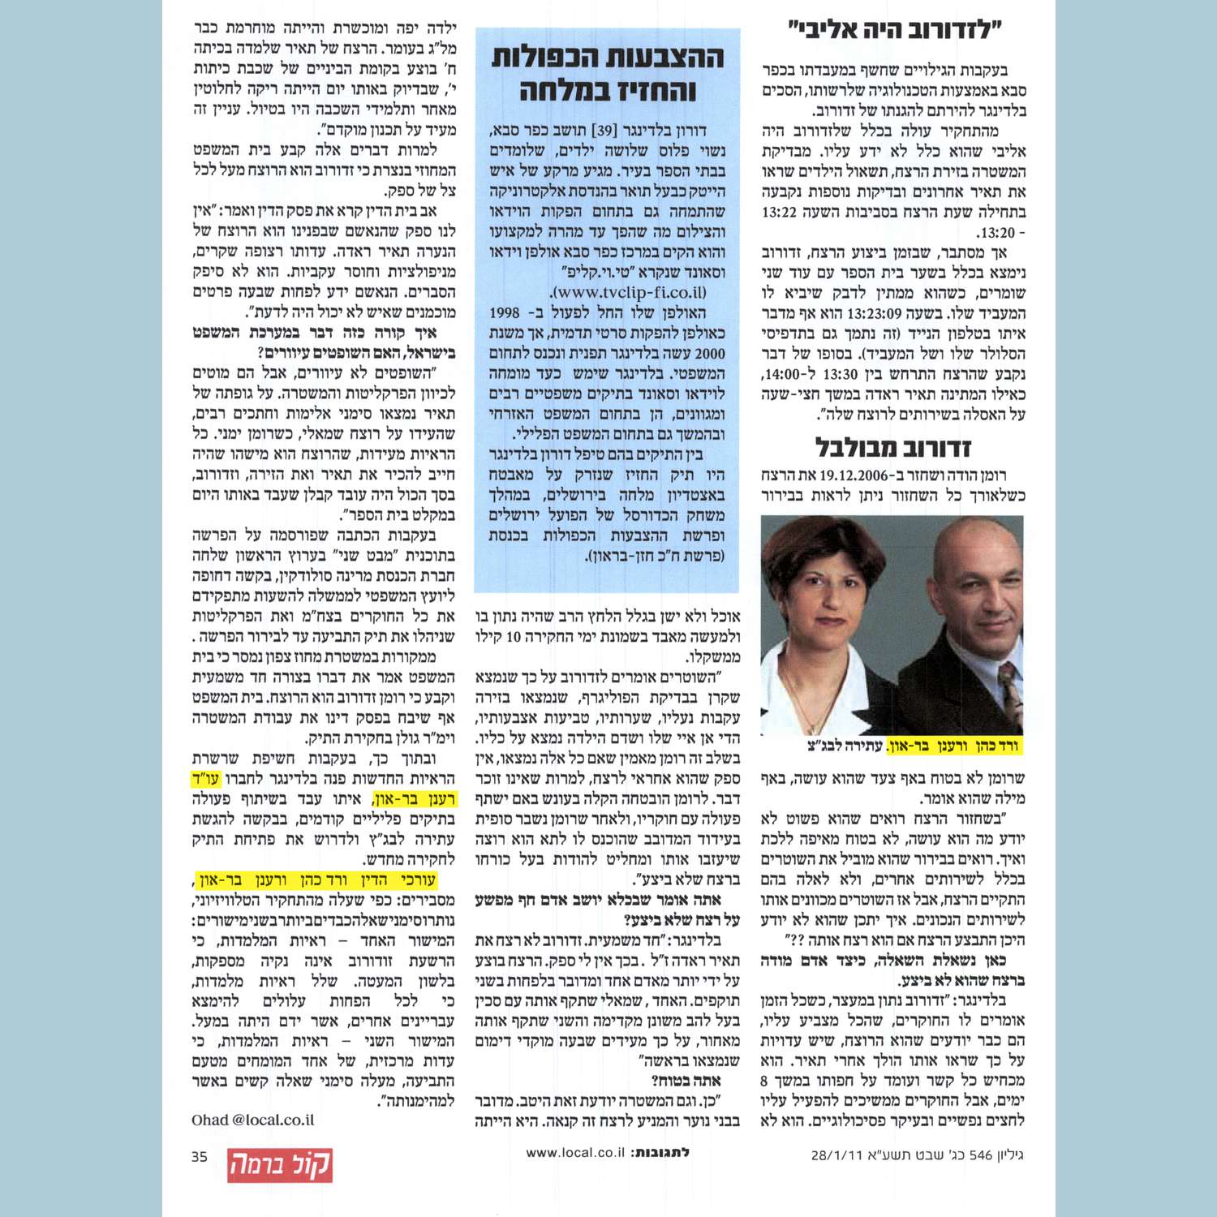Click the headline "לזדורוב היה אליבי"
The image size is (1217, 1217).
coord(896,31)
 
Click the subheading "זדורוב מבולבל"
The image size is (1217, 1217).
coord(892,447)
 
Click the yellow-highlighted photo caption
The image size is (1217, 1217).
coord(914,745)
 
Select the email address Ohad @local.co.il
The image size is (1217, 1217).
coord(252,1120)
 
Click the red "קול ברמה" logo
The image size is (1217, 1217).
coord(279,1165)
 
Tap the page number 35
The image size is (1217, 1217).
coord(200,1157)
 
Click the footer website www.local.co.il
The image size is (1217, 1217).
coord(575,1152)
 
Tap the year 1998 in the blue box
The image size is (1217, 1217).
coord(505,313)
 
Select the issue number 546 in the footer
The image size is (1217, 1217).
coord(981,1155)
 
